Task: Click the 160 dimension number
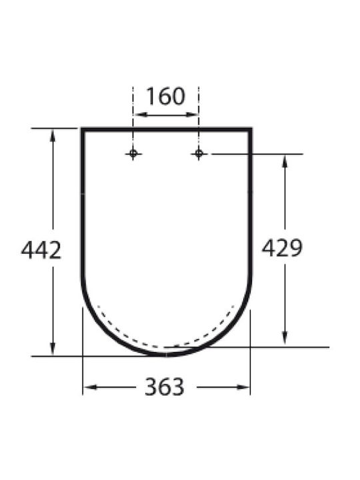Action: pos(165,96)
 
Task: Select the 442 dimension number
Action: pos(41,250)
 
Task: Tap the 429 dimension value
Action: pos(282,247)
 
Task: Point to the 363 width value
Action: pos(165,387)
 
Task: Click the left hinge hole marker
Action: pos(133,153)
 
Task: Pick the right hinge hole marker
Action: pos(199,153)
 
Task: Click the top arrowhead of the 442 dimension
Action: pos(53,135)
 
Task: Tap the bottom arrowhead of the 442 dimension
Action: pos(53,349)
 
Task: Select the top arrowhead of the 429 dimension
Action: pos(285,161)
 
